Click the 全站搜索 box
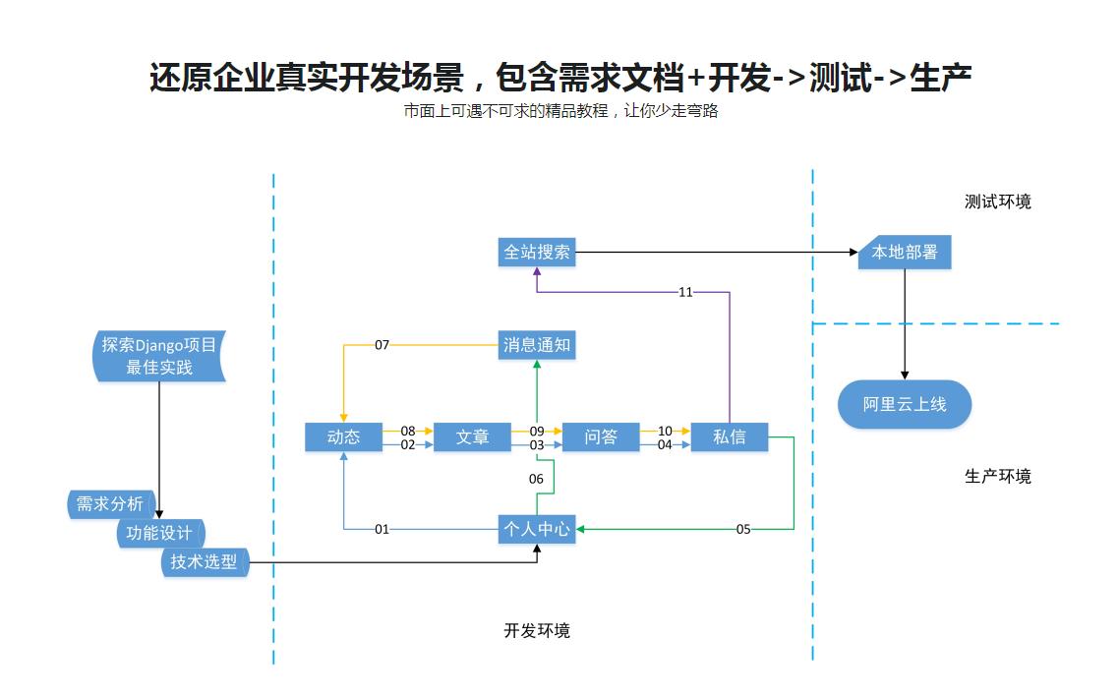537,253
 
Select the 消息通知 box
537,345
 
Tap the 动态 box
343,437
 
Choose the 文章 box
472,437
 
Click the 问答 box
601,437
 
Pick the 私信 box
729,437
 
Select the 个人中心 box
537,529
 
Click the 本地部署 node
905,253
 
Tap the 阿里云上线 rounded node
905,404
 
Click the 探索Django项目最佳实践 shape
158,357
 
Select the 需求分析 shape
110,504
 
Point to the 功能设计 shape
159,534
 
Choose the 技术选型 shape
204,562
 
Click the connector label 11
685,292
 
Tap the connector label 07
382,345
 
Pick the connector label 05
743,529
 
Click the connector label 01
382,529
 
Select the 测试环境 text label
997,203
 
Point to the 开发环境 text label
537,631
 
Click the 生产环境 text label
997,477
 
